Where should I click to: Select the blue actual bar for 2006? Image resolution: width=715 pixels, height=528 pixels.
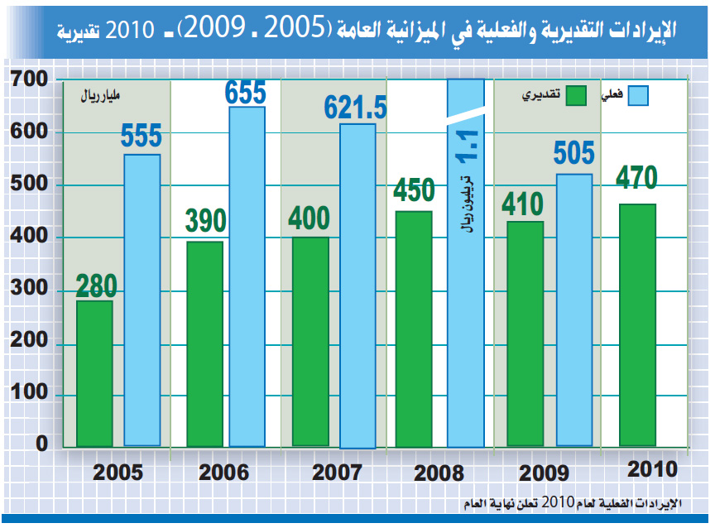click(x=247, y=277)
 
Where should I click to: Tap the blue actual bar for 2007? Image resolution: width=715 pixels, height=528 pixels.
click(x=357, y=286)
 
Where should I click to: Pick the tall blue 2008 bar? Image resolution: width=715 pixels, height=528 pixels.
click(x=465, y=331)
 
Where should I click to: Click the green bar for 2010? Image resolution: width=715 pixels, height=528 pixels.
click(x=637, y=324)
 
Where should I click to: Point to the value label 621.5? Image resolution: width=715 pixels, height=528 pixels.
click(x=355, y=106)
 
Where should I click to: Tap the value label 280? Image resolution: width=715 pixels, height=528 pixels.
click(x=96, y=285)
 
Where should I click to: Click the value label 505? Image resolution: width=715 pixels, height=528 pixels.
click(x=573, y=153)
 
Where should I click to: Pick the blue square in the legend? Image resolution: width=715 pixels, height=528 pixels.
click(x=638, y=95)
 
